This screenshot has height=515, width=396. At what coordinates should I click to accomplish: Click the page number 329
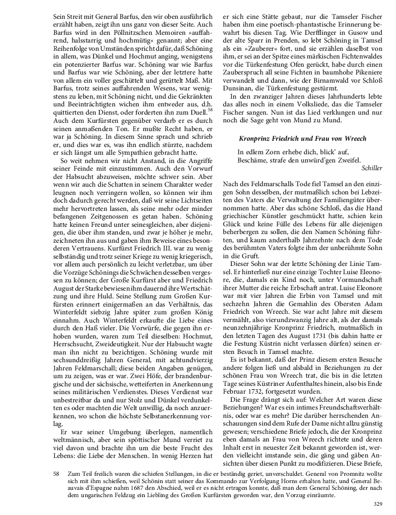click(378, 504)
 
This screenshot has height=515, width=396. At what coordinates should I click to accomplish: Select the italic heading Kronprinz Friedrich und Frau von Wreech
click(303, 138)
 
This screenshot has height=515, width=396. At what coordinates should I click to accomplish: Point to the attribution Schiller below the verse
click(372, 168)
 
